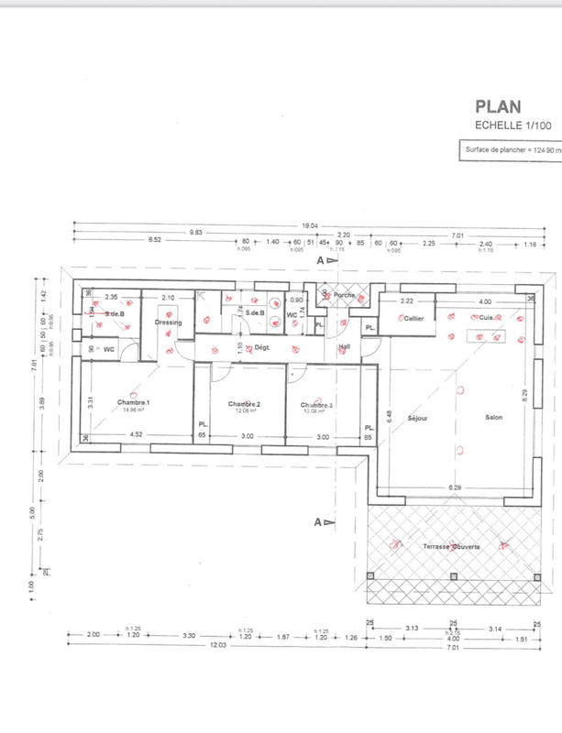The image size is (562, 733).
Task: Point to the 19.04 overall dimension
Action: click(x=309, y=224)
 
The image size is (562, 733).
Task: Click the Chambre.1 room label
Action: click(x=134, y=403)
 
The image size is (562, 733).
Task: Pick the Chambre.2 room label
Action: click(x=245, y=404)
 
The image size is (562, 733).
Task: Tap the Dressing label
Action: click(x=169, y=323)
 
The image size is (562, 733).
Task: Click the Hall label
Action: click(x=345, y=346)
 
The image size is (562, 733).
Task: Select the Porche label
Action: click(x=345, y=295)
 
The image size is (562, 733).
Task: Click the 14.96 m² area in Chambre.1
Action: click(x=134, y=410)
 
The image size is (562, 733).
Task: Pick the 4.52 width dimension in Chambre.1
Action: click(x=136, y=433)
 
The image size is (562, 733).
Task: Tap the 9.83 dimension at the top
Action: click(x=196, y=233)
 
